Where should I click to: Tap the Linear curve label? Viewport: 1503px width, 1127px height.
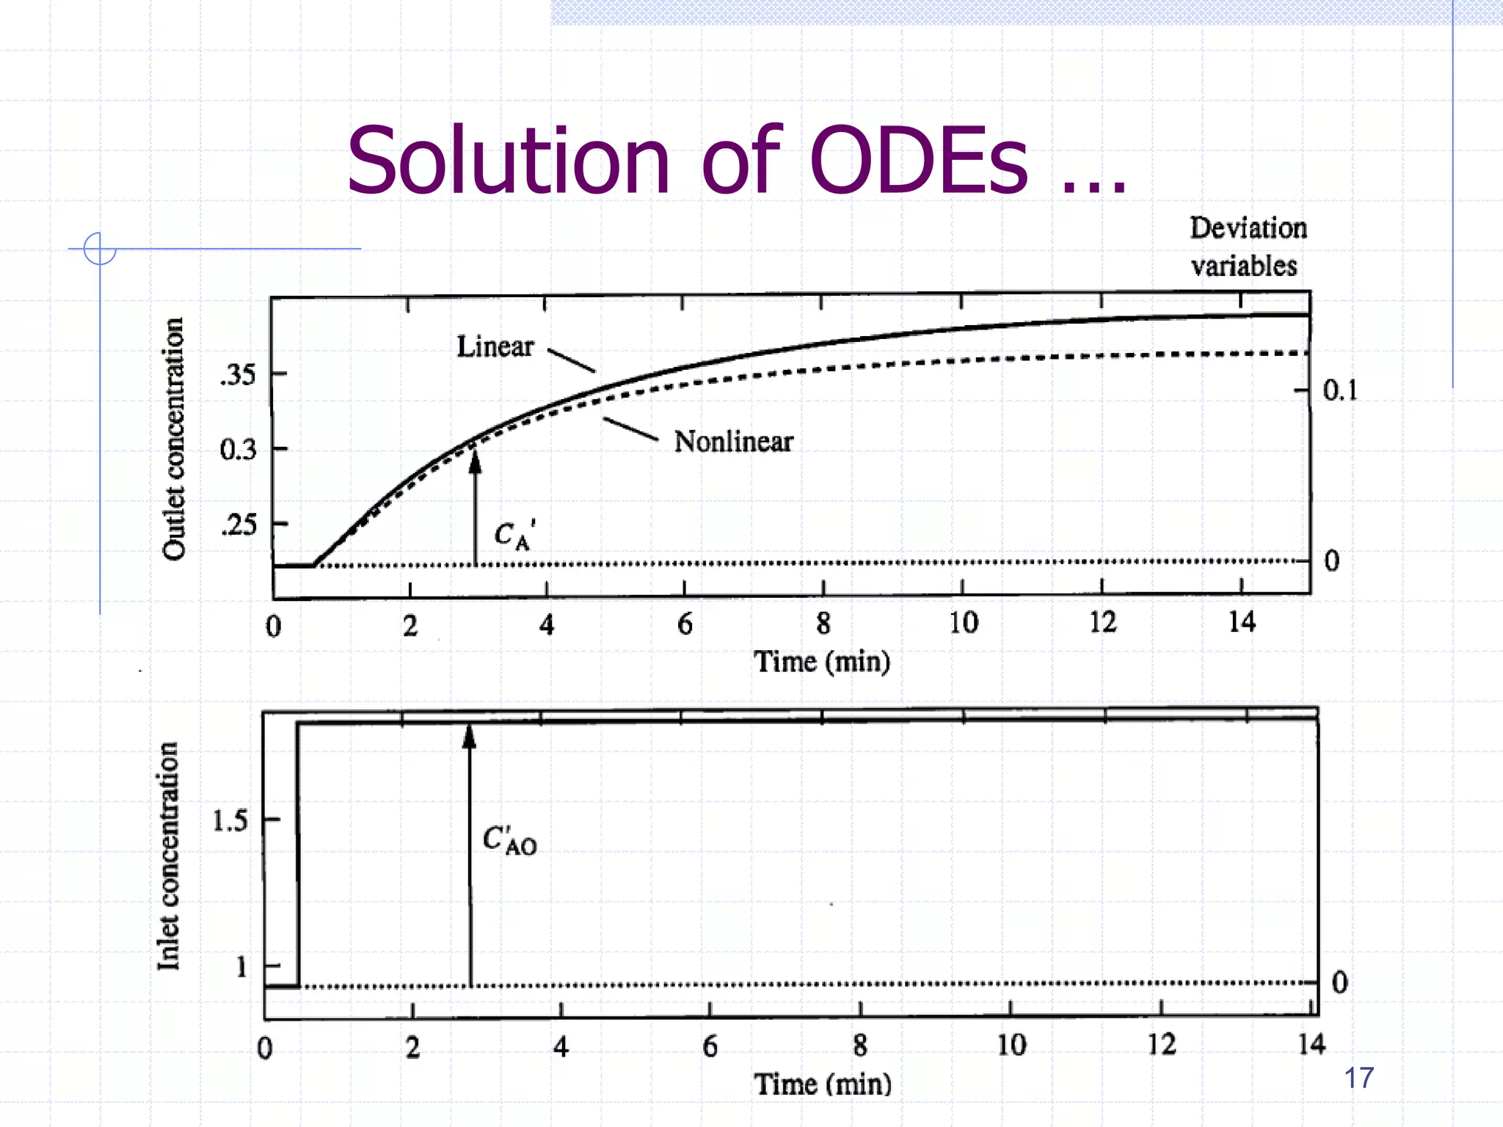(x=495, y=346)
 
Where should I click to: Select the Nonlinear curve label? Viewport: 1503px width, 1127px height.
(x=733, y=442)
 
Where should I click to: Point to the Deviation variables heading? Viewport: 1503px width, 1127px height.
(x=1247, y=247)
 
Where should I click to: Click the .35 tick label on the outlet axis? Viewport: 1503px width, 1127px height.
(x=238, y=375)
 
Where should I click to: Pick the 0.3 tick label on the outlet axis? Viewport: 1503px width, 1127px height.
(x=238, y=449)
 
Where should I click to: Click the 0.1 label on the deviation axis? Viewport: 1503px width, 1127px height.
(x=1339, y=390)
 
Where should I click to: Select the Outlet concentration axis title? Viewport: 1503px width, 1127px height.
(x=173, y=439)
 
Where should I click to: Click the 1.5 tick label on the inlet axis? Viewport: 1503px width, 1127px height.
(x=230, y=820)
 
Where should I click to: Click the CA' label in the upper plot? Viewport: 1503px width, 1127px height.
(x=514, y=534)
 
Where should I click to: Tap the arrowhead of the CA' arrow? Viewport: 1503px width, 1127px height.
(x=475, y=461)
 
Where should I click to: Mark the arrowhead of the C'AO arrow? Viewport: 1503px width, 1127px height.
(x=470, y=736)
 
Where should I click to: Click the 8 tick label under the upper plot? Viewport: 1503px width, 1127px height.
(x=823, y=624)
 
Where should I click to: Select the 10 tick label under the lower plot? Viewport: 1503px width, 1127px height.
(x=1011, y=1045)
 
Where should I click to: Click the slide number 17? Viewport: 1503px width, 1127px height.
(x=1358, y=1078)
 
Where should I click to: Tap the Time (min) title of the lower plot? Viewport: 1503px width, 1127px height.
(x=823, y=1084)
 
